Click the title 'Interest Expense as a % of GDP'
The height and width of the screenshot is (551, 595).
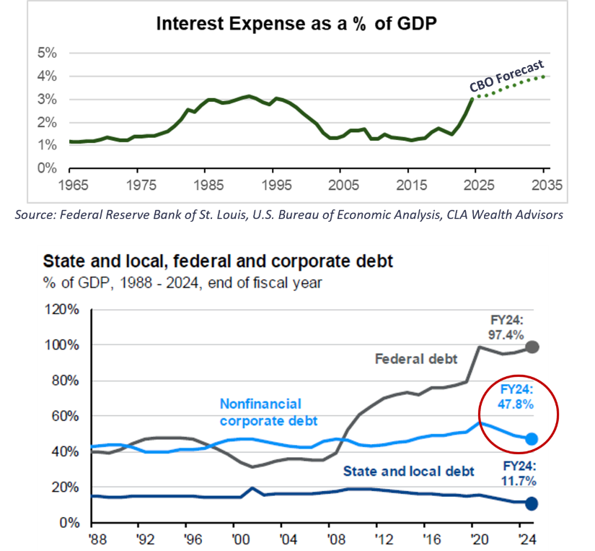coord(298,24)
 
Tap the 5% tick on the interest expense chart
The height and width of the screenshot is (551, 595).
coord(47,53)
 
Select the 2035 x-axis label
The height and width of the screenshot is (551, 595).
coord(542,183)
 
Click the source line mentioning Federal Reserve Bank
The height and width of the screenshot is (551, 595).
coord(297,214)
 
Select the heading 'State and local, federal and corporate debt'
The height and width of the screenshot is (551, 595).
coord(219,261)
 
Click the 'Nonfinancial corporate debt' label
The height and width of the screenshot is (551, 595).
coord(260,412)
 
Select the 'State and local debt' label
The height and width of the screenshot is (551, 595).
coord(409,471)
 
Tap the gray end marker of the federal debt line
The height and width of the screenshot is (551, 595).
coord(532,347)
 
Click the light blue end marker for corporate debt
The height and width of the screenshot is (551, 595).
coord(532,438)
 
